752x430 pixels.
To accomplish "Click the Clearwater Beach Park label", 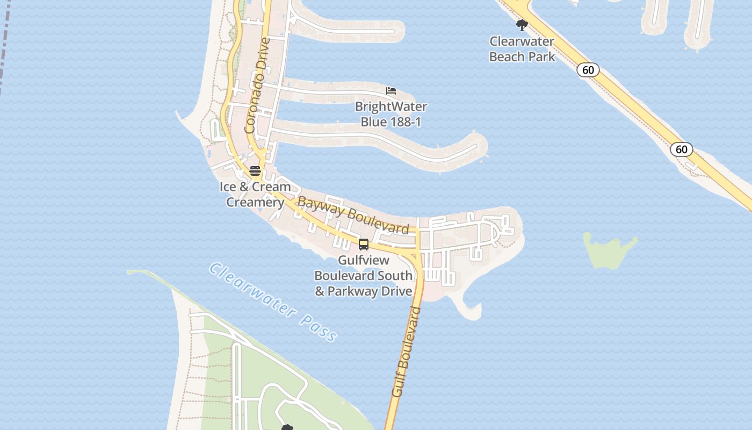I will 522,49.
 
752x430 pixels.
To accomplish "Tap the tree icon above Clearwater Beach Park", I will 522,25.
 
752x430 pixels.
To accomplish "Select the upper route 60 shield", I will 588,70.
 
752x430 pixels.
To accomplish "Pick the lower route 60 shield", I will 681,149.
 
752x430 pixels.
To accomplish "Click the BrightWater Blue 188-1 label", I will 391,114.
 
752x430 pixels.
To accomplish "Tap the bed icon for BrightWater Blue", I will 391,91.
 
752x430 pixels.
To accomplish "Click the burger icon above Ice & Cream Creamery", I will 255,171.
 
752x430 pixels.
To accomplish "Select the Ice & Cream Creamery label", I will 255,195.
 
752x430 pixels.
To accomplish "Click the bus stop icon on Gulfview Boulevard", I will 364,245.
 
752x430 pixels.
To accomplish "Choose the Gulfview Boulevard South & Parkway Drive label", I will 363,276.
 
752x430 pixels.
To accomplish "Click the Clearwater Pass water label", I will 273,302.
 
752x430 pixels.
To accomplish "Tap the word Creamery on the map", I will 255,203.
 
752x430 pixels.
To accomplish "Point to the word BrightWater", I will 391,106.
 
